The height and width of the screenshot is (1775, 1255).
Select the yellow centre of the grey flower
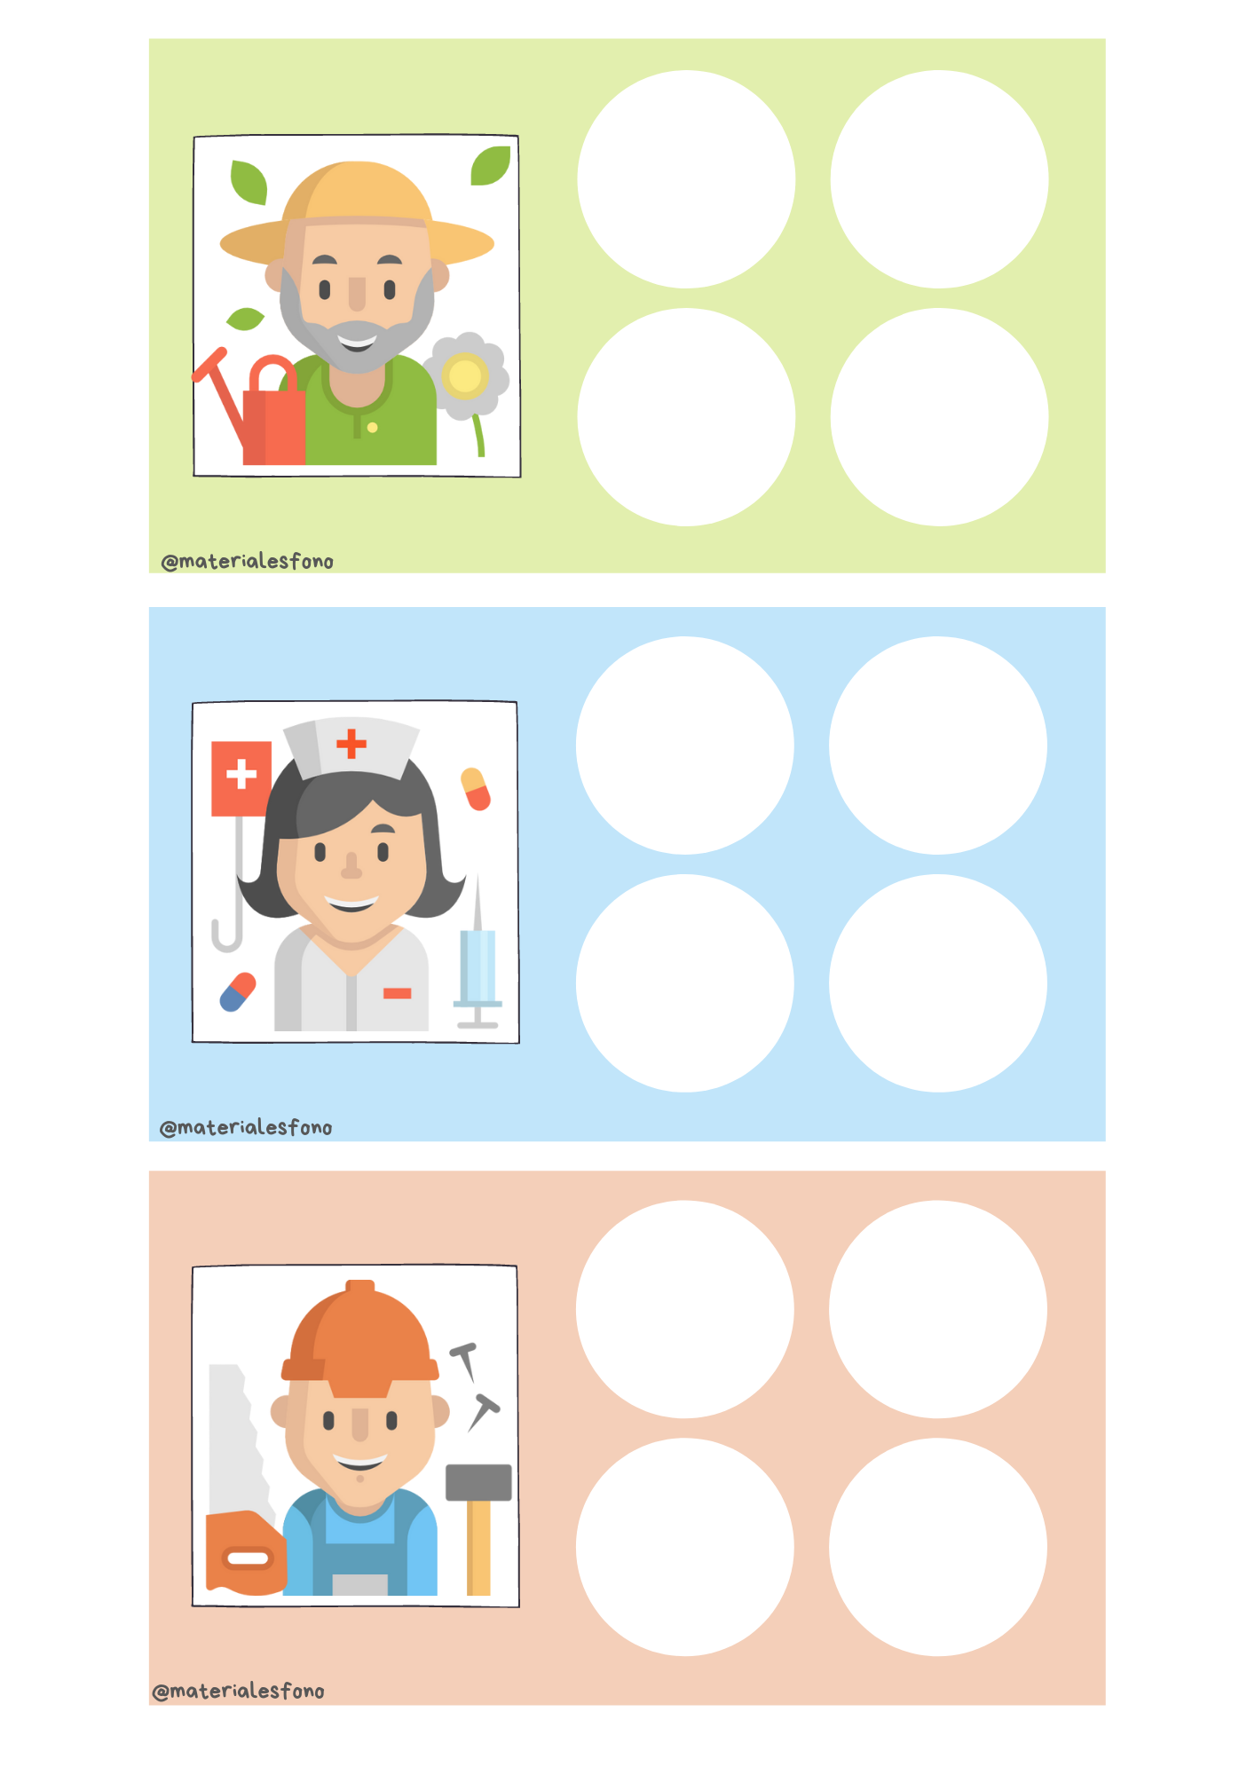click(x=464, y=376)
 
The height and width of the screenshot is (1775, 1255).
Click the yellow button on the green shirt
click(x=373, y=428)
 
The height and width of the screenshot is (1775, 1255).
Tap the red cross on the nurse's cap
click(x=351, y=744)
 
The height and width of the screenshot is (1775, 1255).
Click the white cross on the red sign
click(x=241, y=774)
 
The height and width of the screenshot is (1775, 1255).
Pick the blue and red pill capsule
click(x=238, y=992)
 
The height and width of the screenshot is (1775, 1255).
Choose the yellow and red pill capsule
click(x=476, y=789)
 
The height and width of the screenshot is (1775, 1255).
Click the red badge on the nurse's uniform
click(x=397, y=993)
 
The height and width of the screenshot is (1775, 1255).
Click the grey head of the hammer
click(x=478, y=1482)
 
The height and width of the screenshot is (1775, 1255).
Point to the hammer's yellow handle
click(x=478, y=1548)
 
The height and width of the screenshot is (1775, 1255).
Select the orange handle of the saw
click(x=246, y=1553)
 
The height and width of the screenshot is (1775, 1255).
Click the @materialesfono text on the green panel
click(x=248, y=561)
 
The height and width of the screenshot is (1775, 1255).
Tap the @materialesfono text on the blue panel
click(x=246, y=1127)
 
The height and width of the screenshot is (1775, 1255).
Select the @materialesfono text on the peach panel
click(x=239, y=1691)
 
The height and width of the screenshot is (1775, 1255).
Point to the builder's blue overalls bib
click(x=359, y=1544)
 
